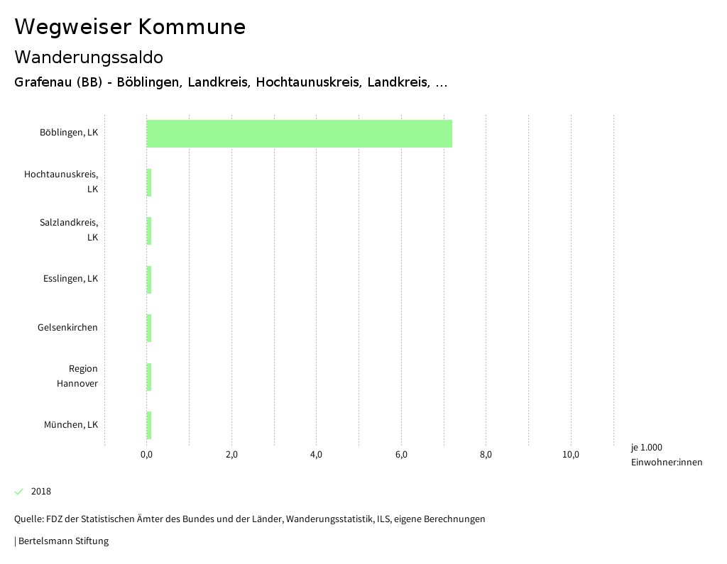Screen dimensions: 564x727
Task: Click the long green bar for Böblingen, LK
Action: point(299,133)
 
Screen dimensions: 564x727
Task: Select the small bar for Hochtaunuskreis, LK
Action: point(149,182)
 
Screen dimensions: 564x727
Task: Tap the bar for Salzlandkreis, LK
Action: point(149,231)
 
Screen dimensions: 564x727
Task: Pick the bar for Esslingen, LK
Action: point(149,280)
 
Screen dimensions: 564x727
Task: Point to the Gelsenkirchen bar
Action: point(149,328)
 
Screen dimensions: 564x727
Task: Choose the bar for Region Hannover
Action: point(149,377)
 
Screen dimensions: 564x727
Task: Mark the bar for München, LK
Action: point(149,425)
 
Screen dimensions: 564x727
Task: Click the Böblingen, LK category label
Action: point(69,133)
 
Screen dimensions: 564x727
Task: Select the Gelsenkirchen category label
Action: point(67,328)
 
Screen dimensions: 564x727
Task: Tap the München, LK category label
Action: point(70,425)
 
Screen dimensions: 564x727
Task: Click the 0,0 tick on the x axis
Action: point(147,455)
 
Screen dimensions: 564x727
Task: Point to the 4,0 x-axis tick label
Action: point(317,455)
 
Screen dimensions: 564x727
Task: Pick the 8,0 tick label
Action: point(486,455)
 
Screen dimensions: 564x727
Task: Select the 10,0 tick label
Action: point(571,455)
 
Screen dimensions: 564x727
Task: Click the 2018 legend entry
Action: point(40,492)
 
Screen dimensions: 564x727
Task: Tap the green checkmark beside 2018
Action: point(19,492)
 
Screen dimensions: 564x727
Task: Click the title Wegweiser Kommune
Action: point(130,27)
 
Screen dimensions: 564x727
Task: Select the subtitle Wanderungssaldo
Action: point(89,57)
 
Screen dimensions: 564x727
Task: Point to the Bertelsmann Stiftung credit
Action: point(62,541)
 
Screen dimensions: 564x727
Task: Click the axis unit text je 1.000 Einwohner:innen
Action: point(666,455)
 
